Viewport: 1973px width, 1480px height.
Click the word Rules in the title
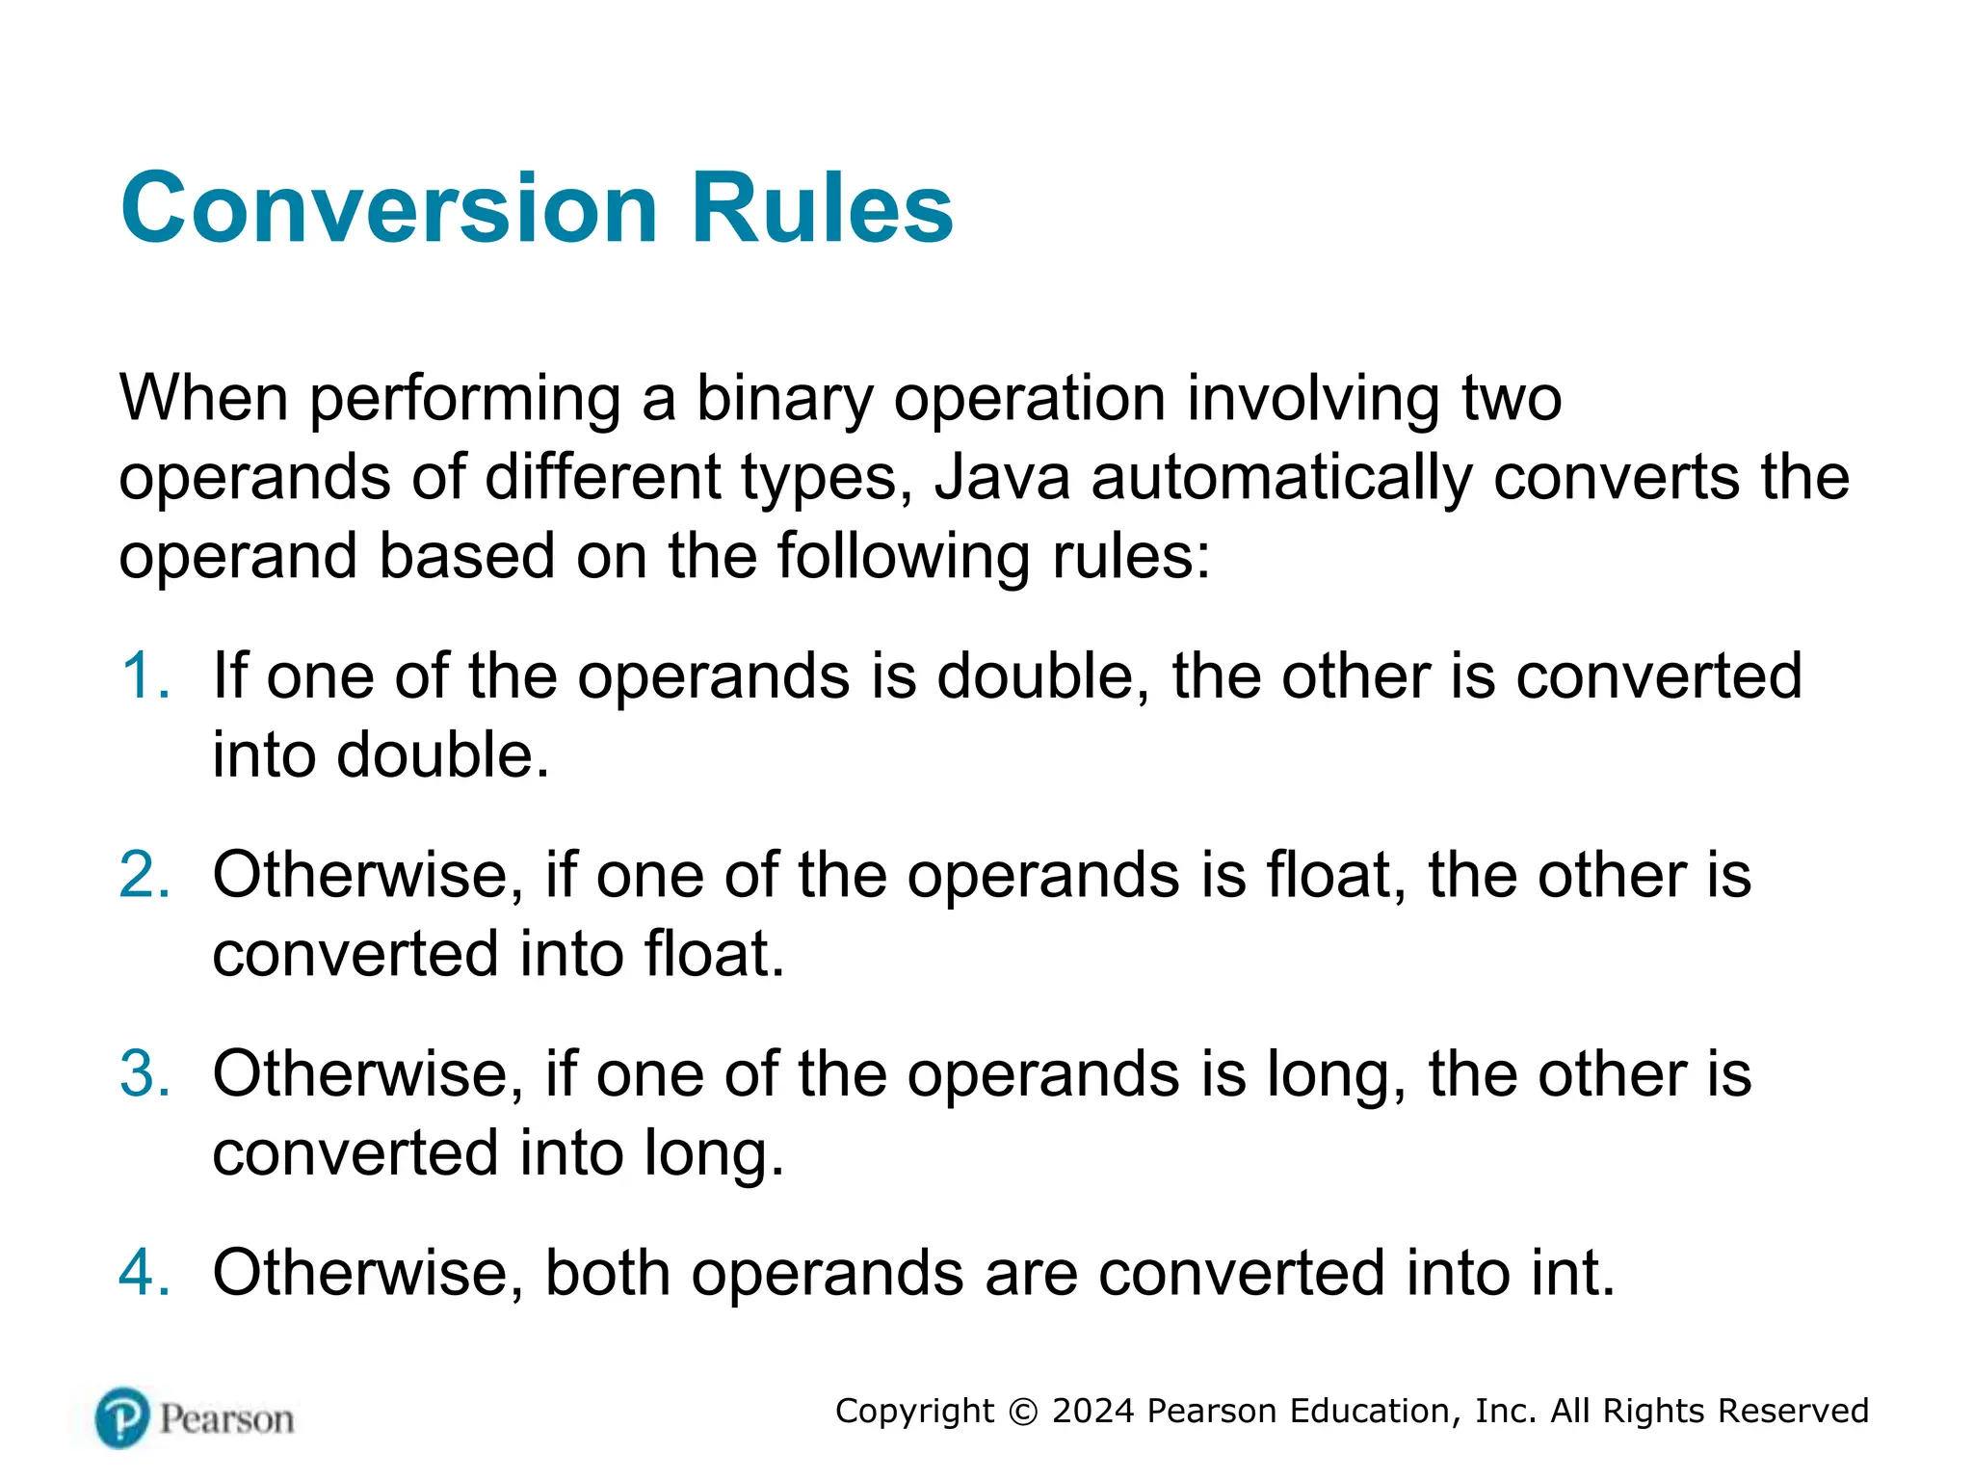coord(822,208)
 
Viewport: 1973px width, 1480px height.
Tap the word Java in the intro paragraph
coord(1002,478)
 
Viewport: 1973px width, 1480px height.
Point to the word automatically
coord(1281,478)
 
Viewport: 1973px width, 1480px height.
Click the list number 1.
coord(145,675)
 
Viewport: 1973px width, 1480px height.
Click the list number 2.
coord(145,875)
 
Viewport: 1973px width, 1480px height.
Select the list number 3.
coord(145,1073)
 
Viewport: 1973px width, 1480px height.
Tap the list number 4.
coord(145,1273)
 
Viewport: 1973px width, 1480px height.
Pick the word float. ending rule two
coord(714,954)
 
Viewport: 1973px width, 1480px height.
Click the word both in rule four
coord(607,1273)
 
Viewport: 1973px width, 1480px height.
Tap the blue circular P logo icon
coord(122,1417)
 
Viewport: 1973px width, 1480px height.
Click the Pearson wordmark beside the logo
coord(226,1419)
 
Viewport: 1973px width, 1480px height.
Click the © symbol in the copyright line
coord(1022,1412)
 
